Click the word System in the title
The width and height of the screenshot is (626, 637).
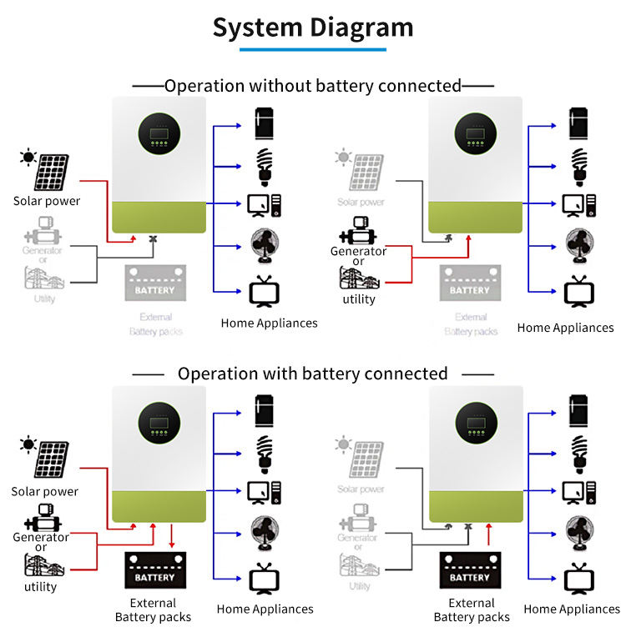click(x=258, y=28)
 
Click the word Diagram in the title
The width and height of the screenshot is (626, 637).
click(x=361, y=28)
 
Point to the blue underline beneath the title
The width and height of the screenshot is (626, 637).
click(x=313, y=50)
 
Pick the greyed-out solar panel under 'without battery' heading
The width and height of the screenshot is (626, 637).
click(x=366, y=171)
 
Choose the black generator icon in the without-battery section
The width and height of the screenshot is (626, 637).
click(x=358, y=231)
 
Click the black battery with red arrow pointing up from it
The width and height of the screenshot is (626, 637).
click(x=470, y=570)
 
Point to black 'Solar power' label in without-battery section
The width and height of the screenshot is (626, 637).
click(x=47, y=201)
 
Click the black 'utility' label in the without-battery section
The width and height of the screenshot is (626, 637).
click(x=359, y=299)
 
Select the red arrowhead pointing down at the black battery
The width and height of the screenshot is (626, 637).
click(x=171, y=544)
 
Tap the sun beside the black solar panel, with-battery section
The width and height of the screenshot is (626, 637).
click(x=28, y=444)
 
